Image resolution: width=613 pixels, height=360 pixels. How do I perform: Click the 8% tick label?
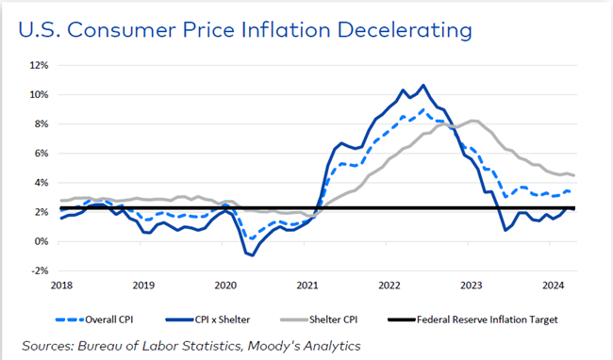[40, 124]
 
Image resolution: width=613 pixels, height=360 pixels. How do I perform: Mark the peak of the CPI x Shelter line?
[422, 86]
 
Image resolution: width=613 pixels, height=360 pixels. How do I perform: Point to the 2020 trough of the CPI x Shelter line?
[251, 255]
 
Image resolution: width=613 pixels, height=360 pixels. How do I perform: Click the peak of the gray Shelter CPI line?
[473, 121]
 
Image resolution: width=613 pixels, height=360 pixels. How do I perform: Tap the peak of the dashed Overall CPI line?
[422, 109]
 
